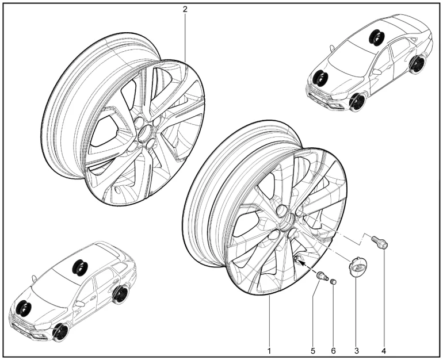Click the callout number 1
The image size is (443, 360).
tap(269, 351)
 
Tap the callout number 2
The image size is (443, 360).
tap(185, 9)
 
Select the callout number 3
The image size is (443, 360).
tap(357, 351)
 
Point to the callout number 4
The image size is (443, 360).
tap(383, 351)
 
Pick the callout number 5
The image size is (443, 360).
tap(313, 351)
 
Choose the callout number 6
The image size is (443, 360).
tap(333, 351)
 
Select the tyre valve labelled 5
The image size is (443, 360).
tap(322, 276)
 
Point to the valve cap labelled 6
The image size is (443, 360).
tap(333, 281)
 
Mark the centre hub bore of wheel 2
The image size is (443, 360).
tap(146, 132)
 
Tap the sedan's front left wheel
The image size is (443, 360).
tap(357, 102)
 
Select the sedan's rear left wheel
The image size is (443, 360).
tap(417, 64)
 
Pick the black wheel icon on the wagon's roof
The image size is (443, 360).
tap(80, 266)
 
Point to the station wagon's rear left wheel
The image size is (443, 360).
tap(120, 294)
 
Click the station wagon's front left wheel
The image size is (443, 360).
tap(60, 332)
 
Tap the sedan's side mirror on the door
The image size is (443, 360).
tap(377, 71)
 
